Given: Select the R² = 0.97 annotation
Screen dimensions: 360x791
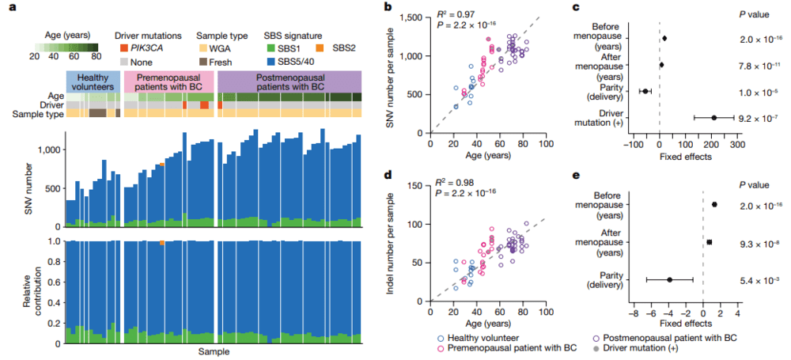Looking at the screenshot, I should pos(461,17).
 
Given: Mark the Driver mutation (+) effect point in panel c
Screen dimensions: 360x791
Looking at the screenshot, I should pos(713,118).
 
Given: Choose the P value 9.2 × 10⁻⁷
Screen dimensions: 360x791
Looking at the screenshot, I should pos(757,118).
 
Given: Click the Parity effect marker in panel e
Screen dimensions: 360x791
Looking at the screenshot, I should pos(669,279).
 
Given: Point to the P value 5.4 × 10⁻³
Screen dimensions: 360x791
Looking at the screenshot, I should pos(757,279).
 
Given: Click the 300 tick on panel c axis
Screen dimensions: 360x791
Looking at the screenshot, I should pos(737,146).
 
